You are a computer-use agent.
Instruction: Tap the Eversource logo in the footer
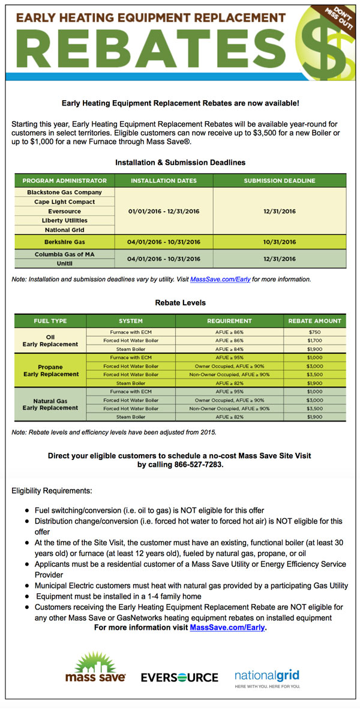pyautogui.click(x=179, y=677)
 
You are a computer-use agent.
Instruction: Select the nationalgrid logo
pyautogui.click(x=267, y=677)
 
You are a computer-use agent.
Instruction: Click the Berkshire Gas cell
pyautogui.click(x=64, y=242)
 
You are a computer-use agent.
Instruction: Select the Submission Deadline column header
pyautogui.click(x=280, y=181)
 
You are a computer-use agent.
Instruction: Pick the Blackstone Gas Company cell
pyautogui.click(x=64, y=193)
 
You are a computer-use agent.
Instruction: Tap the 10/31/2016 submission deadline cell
pyautogui.click(x=280, y=242)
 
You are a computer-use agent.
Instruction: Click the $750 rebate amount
pyautogui.click(x=315, y=332)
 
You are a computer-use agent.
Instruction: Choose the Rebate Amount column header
pyautogui.click(x=315, y=321)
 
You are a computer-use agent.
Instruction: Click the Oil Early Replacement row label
pyautogui.click(x=50, y=341)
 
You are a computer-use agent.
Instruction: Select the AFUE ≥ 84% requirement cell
pyautogui.click(x=229, y=349)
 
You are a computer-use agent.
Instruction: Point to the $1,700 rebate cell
pyautogui.click(x=315, y=340)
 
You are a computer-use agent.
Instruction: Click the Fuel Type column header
pyautogui.click(x=50, y=321)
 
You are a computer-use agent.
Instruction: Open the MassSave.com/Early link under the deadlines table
pyautogui.click(x=221, y=280)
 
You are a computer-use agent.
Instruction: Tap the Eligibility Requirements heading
pyautogui.click(x=52, y=491)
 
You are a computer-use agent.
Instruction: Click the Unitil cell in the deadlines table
pyautogui.click(x=64, y=263)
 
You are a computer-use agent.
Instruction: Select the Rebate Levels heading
pyautogui.click(x=180, y=303)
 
